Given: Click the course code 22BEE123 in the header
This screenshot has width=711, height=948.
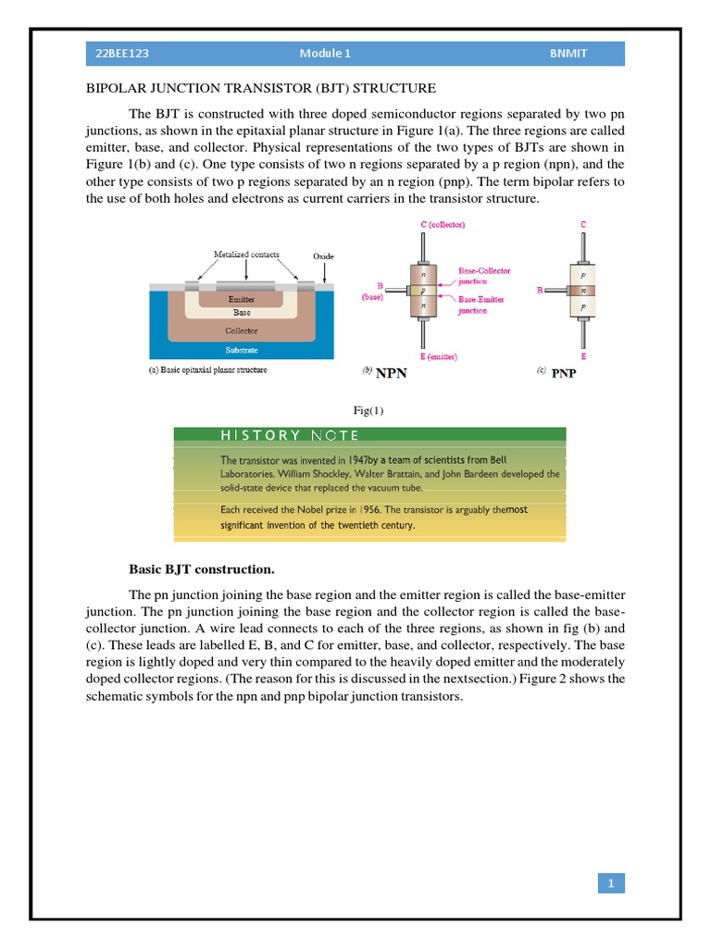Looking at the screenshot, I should point(122,54).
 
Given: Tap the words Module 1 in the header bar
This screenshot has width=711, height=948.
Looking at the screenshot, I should point(325,54).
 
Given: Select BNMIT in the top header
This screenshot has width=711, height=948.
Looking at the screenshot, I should point(568,54).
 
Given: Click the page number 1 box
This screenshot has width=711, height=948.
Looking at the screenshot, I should point(610,884).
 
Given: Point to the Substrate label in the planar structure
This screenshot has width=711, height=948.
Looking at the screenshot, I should point(243,350).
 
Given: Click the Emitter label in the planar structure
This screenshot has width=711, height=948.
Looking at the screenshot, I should point(241,300).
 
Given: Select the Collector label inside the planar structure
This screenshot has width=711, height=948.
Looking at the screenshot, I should point(242,330).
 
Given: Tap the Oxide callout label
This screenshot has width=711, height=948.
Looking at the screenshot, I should point(323,255).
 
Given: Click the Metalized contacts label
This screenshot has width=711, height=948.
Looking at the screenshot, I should point(246,254).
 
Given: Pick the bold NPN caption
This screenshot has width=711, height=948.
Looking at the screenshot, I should point(390,375).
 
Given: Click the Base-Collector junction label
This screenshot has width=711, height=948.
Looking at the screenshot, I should point(484,276).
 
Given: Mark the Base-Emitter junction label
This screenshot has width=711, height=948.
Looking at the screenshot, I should point(482,306).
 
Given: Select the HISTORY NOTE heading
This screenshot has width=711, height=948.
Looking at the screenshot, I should point(290,434).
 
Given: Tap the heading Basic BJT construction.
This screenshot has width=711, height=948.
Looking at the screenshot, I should point(201,568).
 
